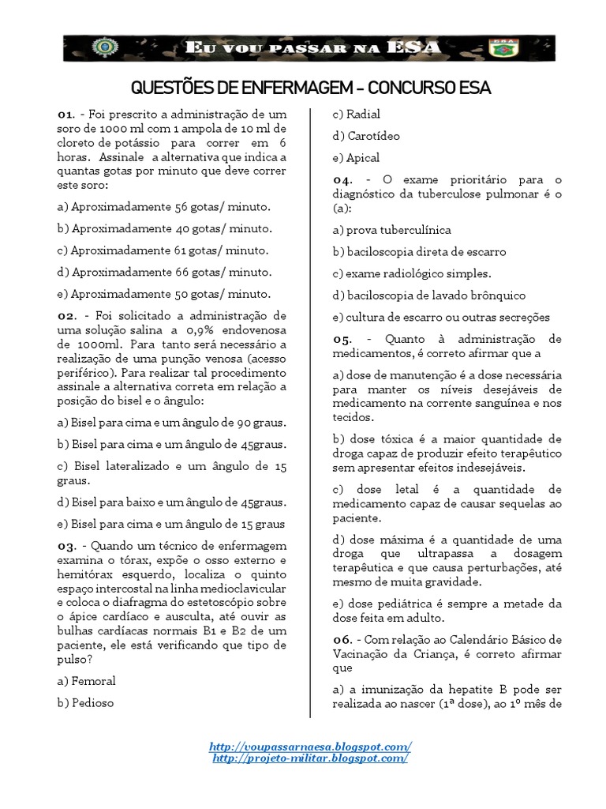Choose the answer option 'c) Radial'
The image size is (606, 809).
[x=356, y=114]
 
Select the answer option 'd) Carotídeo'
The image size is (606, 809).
[x=366, y=136]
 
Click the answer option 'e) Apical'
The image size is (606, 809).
[x=356, y=157]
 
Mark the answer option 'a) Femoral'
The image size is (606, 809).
[x=86, y=680]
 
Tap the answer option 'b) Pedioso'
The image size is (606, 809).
[x=85, y=702]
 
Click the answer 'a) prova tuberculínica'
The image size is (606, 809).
[x=391, y=230]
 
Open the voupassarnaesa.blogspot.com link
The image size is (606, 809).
[x=310, y=747]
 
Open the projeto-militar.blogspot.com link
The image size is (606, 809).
[x=310, y=758]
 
